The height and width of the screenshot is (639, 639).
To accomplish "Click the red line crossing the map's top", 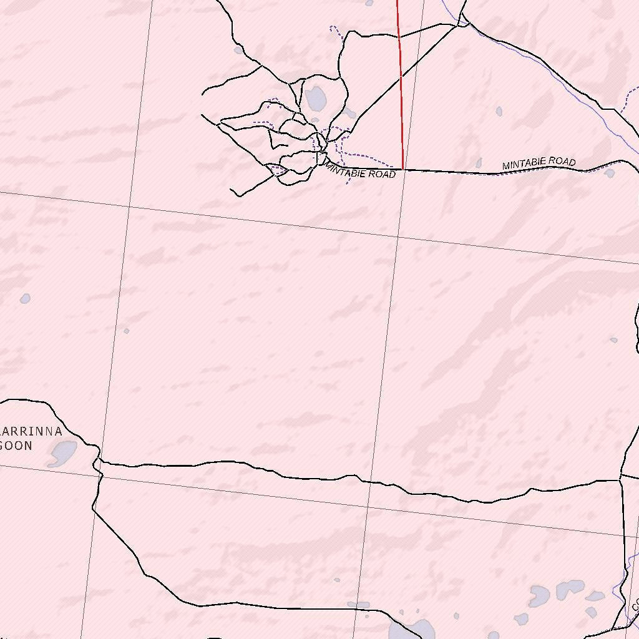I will coord(400,75).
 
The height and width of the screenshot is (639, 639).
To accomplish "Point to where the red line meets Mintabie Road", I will coord(404,169).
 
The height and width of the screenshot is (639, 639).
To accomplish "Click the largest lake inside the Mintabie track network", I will coord(315,98).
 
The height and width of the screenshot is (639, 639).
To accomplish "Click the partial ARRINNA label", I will coord(31,431).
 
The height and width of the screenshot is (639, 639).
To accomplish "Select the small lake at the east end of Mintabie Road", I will coord(610,173).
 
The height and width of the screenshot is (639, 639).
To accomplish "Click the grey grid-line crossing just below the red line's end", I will coord(398,237).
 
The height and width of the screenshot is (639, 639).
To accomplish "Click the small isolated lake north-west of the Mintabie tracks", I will coord(238,50).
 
